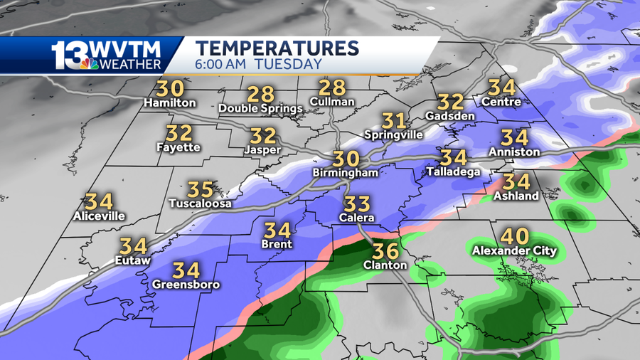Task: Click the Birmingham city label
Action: (x=345, y=173)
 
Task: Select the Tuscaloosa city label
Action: (x=200, y=203)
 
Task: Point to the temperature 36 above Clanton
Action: (x=385, y=251)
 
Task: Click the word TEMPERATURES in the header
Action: (x=277, y=48)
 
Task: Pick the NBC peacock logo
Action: (x=90, y=64)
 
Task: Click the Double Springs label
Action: (x=260, y=109)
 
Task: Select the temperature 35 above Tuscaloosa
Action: (x=200, y=190)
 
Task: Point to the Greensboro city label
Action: (x=186, y=285)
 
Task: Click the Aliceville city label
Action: (x=100, y=216)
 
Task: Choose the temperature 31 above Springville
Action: (x=393, y=121)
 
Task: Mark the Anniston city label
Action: (x=514, y=152)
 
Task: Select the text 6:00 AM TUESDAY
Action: (x=259, y=64)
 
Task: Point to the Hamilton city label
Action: (x=169, y=103)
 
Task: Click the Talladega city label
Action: (x=453, y=171)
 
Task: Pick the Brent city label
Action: (x=277, y=244)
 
